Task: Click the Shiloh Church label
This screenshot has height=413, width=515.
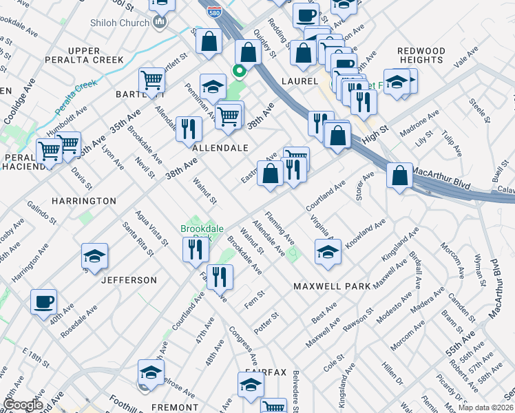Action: [120, 23]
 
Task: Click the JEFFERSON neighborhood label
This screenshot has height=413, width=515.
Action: [129, 280]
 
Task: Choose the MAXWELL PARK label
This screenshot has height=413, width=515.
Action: [331, 285]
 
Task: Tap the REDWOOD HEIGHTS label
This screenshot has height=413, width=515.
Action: [421, 56]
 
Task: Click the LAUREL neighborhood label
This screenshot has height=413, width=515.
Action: [298, 81]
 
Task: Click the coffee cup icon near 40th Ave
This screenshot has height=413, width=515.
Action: [44, 301]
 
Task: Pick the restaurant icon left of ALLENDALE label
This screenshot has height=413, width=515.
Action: [188, 128]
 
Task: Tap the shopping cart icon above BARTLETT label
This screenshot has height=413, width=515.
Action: [151, 79]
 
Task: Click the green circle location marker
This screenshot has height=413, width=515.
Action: [240, 70]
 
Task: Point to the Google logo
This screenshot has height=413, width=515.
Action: [23, 405]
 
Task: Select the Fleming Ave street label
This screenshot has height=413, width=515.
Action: [280, 228]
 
